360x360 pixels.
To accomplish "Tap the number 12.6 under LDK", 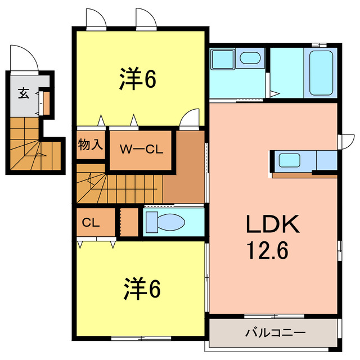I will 266,249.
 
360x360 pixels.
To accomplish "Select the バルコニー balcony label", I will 275,332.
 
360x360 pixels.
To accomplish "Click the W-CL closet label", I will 141,150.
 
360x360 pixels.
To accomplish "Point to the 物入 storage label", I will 90,145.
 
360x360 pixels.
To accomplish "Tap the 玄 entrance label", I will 23,93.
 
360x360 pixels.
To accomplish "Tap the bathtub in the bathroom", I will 321,73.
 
